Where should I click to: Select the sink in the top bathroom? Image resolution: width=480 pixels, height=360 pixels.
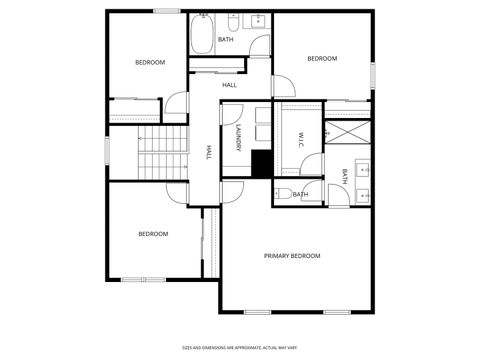(x=258, y=20)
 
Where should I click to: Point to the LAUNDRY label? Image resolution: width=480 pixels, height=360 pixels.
(x=239, y=138)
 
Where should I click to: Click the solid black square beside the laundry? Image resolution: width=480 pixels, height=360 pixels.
(x=262, y=163)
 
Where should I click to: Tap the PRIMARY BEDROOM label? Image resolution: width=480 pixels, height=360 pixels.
(x=292, y=256)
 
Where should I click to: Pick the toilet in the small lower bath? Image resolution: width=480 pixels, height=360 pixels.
(x=283, y=192)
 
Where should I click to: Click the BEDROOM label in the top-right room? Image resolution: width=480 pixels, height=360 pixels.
(x=322, y=59)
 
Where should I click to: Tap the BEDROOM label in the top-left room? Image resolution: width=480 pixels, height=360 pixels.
(x=150, y=62)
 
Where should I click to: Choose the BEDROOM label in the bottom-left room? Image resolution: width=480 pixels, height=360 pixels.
(x=153, y=234)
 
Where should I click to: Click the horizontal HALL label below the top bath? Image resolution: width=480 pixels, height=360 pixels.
(x=229, y=85)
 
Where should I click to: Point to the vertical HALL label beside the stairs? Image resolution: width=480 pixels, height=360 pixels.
(x=209, y=152)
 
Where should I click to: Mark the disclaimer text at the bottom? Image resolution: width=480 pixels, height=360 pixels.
(x=240, y=348)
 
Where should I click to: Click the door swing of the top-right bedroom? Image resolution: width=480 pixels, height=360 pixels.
(x=284, y=84)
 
